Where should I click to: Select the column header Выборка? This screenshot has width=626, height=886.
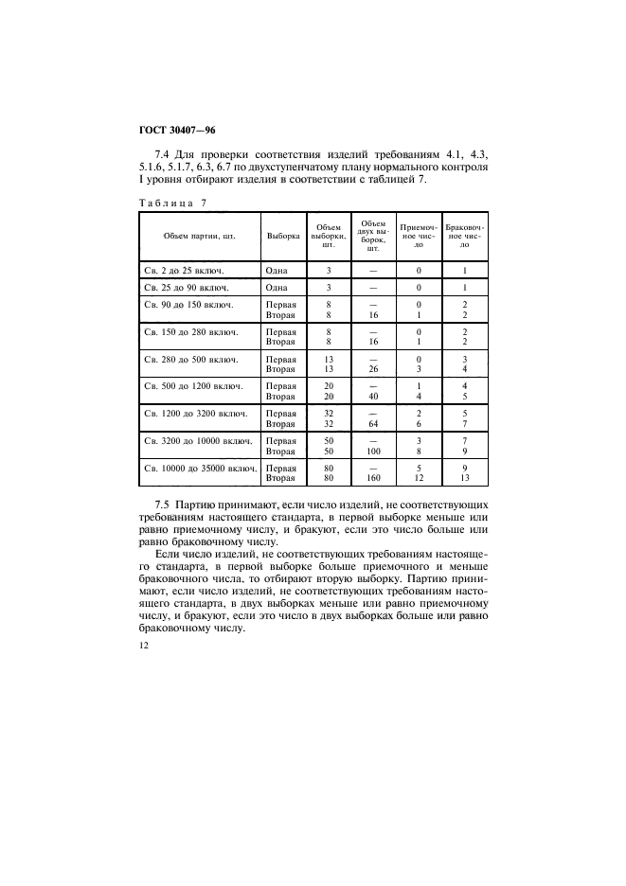point(283,235)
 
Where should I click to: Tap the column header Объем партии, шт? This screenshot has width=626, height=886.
point(199,235)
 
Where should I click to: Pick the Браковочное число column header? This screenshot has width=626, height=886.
point(464,235)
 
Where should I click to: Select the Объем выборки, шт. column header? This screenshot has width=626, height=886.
point(328,235)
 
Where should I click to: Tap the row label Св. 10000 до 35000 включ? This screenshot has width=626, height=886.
point(201,468)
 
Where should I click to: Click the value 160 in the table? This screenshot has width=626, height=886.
point(372,478)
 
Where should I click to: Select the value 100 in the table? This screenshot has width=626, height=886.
point(372,451)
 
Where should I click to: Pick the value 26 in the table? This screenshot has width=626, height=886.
point(372,369)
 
